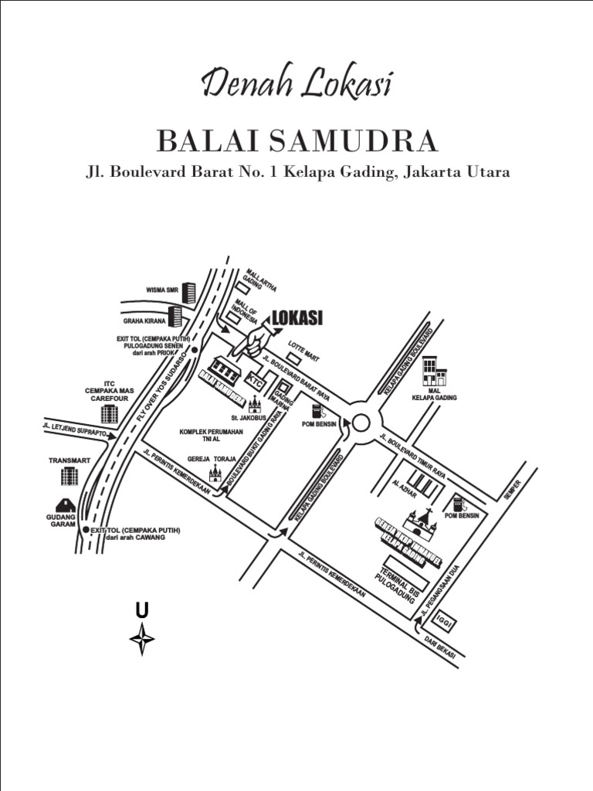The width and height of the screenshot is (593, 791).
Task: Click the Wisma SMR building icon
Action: tap(188, 291)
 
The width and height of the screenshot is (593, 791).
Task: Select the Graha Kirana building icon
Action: tap(175, 315)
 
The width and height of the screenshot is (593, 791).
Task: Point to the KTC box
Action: tap(256, 381)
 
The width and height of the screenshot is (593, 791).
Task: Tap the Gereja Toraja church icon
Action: tap(215, 472)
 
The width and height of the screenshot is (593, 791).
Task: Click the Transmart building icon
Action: tap(70, 474)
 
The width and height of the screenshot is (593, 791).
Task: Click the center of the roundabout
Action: tap(361, 423)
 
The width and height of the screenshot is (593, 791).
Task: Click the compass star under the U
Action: tap(142, 639)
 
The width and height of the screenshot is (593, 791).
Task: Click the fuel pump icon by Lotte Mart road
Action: tap(316, 409)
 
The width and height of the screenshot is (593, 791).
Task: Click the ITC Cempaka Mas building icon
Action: tap(109, 412)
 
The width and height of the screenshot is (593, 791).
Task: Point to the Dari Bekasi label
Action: tap(440, 647)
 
